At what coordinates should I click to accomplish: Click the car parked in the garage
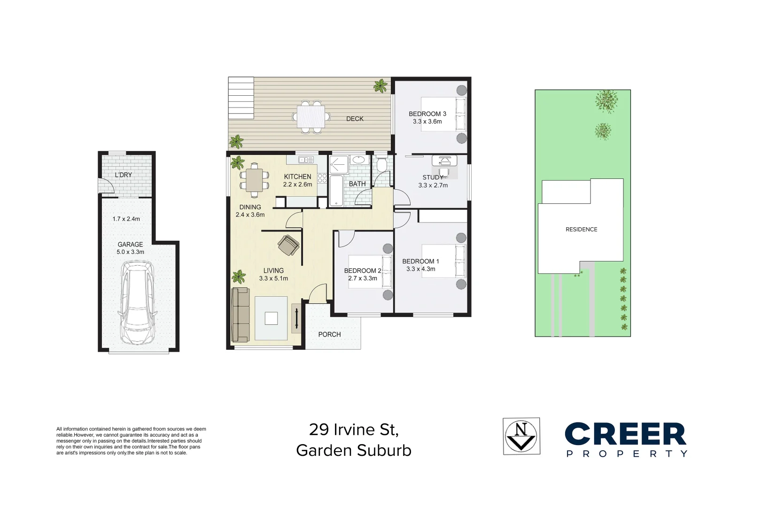137,303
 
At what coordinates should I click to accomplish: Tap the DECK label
355,119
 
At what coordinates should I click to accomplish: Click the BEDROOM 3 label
427,114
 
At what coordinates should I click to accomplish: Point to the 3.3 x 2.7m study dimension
433,185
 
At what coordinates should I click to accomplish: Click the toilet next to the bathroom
381,164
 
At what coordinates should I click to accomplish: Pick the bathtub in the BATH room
336,191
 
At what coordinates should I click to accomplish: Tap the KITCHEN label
297,177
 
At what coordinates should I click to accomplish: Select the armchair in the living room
288,245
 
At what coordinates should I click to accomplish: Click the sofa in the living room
241,315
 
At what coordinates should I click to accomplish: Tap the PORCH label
329,334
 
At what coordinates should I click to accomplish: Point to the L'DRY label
124,175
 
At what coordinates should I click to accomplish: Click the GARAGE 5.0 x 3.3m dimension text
130,252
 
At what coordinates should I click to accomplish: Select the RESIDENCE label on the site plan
581,230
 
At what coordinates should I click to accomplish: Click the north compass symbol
521,436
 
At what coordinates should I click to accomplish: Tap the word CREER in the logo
625,434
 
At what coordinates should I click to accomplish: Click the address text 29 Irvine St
353,430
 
